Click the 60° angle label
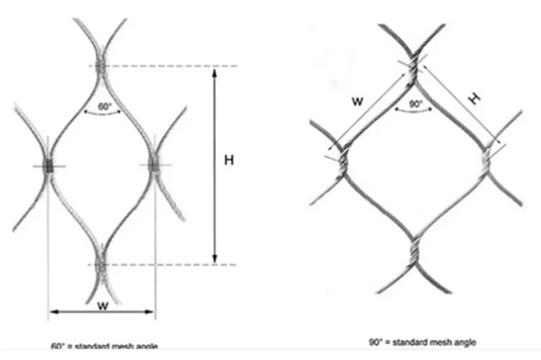104,107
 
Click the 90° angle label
415,104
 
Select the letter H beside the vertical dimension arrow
228,160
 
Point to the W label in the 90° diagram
357,102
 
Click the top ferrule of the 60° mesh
100,66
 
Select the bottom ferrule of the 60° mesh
100,264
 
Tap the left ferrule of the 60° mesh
48,166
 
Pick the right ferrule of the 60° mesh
154,166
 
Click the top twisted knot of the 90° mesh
412,68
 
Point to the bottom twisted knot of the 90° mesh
414,249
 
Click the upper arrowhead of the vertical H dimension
214,71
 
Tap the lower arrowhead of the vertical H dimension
214,260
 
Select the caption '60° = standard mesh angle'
105,346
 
